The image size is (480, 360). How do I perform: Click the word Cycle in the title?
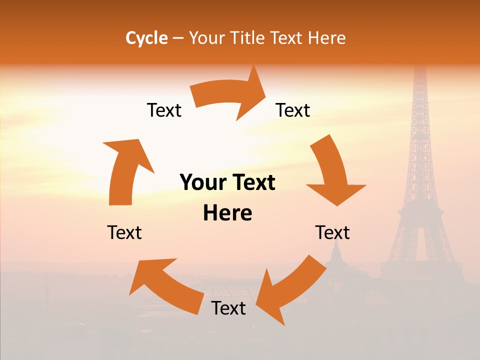[x=146, y=38]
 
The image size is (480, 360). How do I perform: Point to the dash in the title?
[x=177, y=38]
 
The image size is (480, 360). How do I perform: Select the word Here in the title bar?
[x=326, y=38]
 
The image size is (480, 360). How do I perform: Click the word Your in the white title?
[x=206, y=38]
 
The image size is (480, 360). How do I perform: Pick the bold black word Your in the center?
[x=202, y=183]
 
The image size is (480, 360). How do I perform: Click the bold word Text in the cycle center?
[x=252, y=183]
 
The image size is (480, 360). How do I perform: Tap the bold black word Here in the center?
[x=227, y=213]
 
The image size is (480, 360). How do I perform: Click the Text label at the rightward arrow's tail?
[x=164, y=110]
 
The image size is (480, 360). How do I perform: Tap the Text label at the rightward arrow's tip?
[x=293, y=110]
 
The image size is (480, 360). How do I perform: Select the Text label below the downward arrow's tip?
[x=332, y=232]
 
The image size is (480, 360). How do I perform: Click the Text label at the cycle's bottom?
[x=228, y=308]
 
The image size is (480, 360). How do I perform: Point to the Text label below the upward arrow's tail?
[x=124, y=232]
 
